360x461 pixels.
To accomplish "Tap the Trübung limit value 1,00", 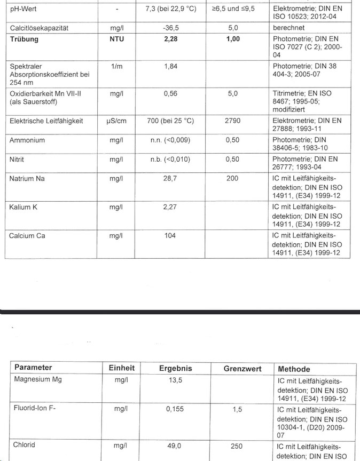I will click(232, 39).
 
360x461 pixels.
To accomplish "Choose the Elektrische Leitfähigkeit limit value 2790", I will click(232, 121).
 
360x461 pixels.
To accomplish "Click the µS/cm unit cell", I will click(116, 121).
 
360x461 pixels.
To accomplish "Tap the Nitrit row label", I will click(17, 160).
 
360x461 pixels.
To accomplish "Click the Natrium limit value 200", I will click(232, 179).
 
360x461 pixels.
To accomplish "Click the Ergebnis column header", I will click(175, 368).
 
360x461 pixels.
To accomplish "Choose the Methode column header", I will click(294, 369).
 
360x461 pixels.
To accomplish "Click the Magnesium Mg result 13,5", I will click(175, 380).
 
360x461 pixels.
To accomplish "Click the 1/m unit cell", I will click(116, 66).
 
